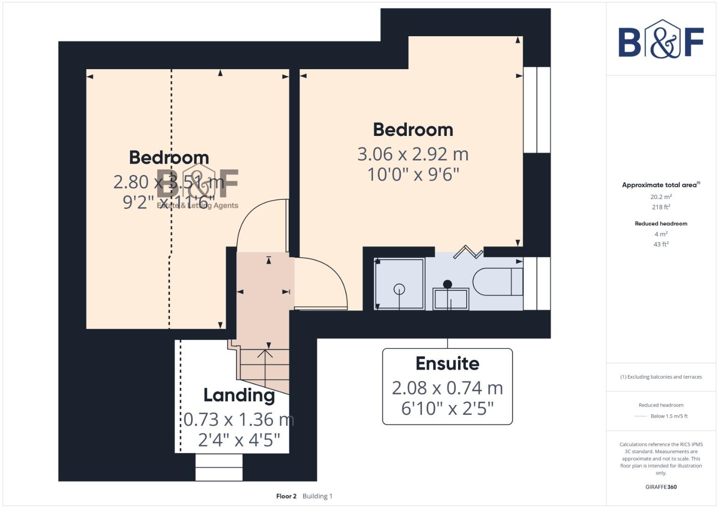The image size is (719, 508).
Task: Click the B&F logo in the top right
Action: (661, 40)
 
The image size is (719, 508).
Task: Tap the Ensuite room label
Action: (447, 364)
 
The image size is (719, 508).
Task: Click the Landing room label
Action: (239, 395)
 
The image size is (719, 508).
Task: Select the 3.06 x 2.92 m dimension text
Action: (413, 154)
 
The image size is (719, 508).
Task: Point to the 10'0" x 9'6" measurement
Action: (413, 175)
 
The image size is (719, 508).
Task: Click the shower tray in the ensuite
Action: (399, 284)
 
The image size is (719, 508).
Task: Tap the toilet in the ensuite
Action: (498, 282)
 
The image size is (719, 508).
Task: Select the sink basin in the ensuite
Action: (451, 298)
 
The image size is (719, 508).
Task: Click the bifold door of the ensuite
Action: (468, 252)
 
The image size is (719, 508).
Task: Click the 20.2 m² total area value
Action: (661, 197)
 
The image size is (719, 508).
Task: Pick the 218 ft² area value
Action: (661, 207)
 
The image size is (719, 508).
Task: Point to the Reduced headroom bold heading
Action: (661, 224)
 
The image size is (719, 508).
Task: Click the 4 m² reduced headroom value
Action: (661, 234)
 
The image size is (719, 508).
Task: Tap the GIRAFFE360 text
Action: (661, 487)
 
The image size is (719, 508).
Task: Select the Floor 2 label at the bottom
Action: (286, 496)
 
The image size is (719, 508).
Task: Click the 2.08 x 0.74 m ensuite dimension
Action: (447, 388)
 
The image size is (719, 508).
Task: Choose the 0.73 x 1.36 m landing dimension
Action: (238, 420)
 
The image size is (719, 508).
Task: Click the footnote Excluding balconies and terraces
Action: (661, 377)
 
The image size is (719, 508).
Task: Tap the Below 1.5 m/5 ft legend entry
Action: (669, 416)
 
